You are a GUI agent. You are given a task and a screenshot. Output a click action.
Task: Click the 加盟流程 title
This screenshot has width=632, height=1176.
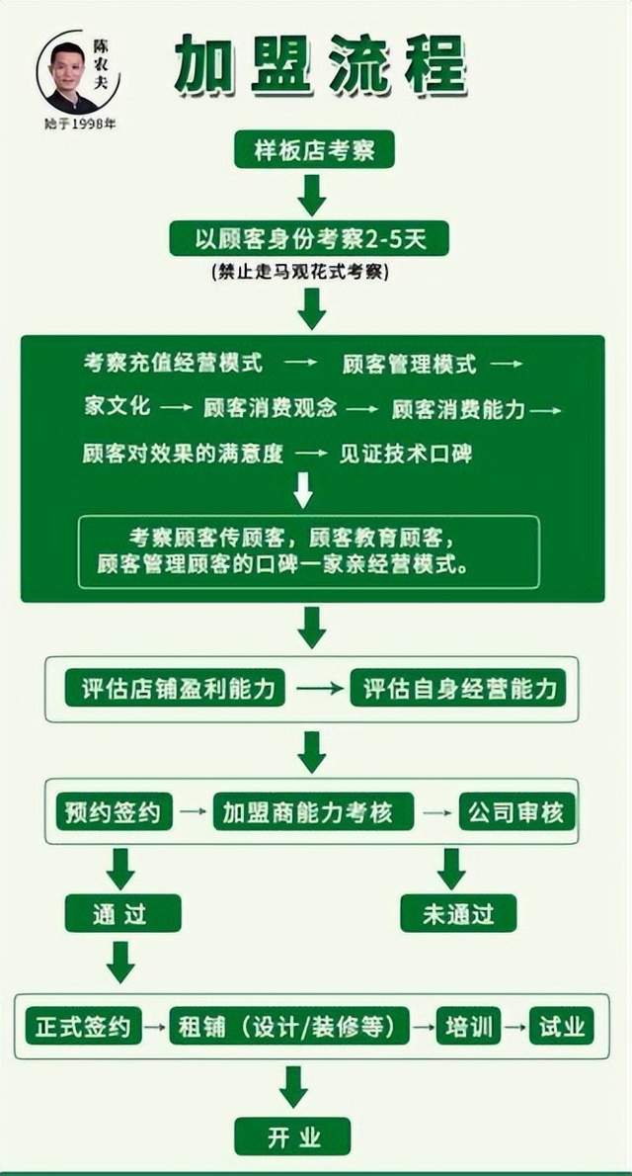point(321,66)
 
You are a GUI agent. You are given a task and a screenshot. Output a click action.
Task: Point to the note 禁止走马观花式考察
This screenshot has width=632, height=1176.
point(301,272)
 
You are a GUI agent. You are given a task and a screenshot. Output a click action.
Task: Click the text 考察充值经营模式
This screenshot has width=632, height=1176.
point(173,363)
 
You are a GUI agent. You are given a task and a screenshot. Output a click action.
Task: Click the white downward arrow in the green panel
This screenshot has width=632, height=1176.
point(303,489)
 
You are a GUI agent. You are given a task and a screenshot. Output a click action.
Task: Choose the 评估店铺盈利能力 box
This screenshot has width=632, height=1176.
point(176,688)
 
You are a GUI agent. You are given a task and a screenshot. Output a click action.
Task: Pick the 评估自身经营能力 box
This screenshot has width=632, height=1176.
point(458,688)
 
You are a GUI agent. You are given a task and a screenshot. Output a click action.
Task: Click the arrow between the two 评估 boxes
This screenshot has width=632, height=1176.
point(317,688)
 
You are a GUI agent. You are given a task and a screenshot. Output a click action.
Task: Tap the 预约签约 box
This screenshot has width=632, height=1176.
point(114,812)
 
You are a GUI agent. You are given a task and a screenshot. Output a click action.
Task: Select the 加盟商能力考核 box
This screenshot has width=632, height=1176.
point(307,812)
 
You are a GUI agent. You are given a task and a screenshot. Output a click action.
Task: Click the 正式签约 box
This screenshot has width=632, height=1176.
point(83,1026)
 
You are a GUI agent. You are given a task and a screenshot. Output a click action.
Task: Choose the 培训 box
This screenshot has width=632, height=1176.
point(468,1026)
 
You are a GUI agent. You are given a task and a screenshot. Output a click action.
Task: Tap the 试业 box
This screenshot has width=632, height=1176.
point(561,1026)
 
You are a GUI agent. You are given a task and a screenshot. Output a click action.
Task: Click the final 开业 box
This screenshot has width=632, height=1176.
point(293,1136)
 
